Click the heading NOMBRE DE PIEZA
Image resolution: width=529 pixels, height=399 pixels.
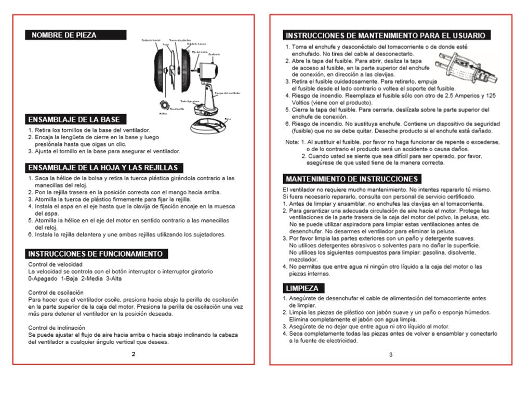64,35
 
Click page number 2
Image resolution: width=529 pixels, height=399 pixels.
133,354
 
